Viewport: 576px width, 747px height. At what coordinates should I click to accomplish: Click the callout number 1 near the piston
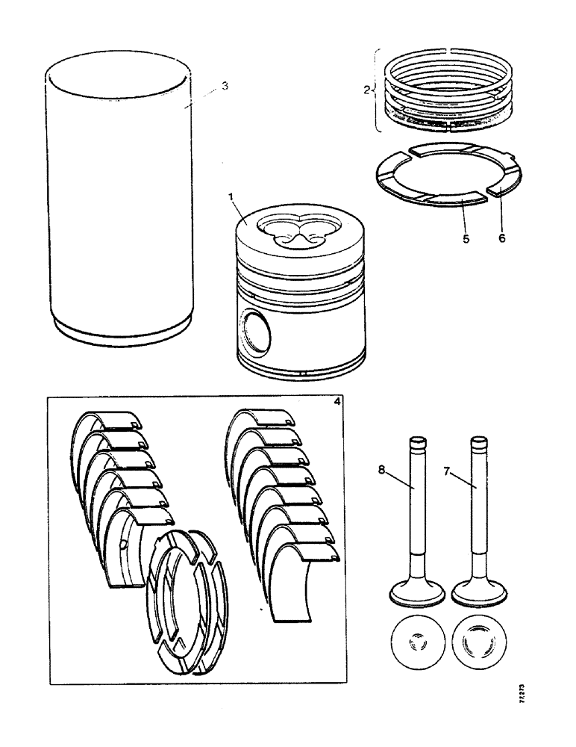pos(231,196)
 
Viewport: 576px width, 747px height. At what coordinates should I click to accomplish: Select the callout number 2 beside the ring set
pos(366,90)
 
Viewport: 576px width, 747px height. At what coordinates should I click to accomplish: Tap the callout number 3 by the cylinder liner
pos(225,87)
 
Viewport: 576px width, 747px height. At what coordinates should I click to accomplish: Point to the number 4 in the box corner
pos(337,402)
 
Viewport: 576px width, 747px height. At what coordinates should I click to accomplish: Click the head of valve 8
pos(417,595)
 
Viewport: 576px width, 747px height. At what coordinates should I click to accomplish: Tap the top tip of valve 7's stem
pos(478,441)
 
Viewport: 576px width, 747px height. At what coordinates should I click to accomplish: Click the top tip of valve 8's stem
pos(417,441)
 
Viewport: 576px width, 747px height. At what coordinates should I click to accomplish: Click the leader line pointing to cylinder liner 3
pos(203,96)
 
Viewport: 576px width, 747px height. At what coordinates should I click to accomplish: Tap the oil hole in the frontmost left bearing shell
pos(122,542)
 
